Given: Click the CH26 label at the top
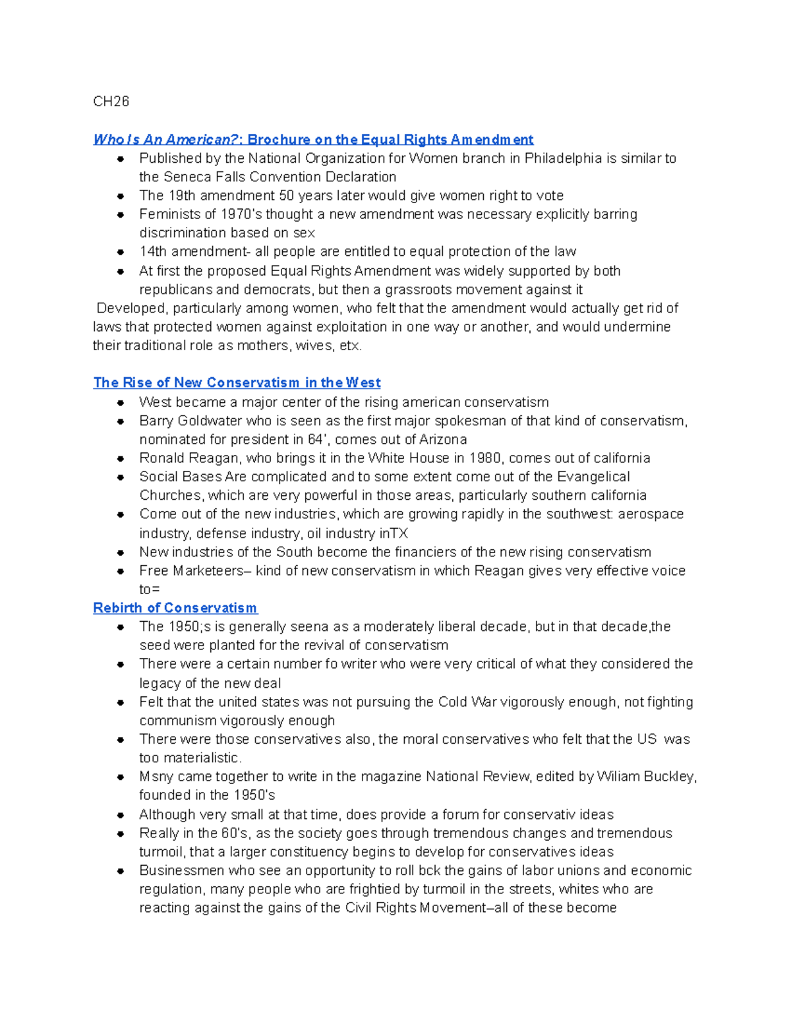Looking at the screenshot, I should tap(111, 102).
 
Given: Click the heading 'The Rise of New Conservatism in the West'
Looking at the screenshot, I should tap(237, 382).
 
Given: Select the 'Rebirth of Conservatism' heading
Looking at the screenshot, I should tap(175, 608).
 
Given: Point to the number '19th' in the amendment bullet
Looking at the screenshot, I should tap(181, 196).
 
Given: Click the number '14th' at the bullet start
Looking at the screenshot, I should tap(153, 252).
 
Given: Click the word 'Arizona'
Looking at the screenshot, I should tap(442, 439).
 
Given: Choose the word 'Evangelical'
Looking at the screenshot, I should tap(593, 477).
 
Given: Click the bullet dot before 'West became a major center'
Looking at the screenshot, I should tap(121, 402).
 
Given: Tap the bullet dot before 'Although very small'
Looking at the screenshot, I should tap(121, 815).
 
